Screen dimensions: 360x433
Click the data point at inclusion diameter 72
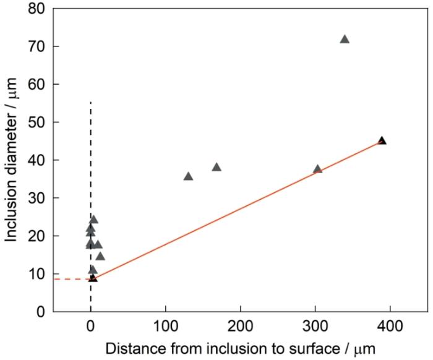(345, 39)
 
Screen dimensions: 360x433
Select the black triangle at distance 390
(382, 140)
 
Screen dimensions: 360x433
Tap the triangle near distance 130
(189, 176)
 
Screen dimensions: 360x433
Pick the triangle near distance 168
(216, 167)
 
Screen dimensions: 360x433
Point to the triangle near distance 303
(318, 169)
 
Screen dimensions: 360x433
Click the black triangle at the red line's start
(93, 278)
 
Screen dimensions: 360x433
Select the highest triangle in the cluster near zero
(93, 220)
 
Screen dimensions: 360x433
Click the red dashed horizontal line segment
(71, 279)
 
